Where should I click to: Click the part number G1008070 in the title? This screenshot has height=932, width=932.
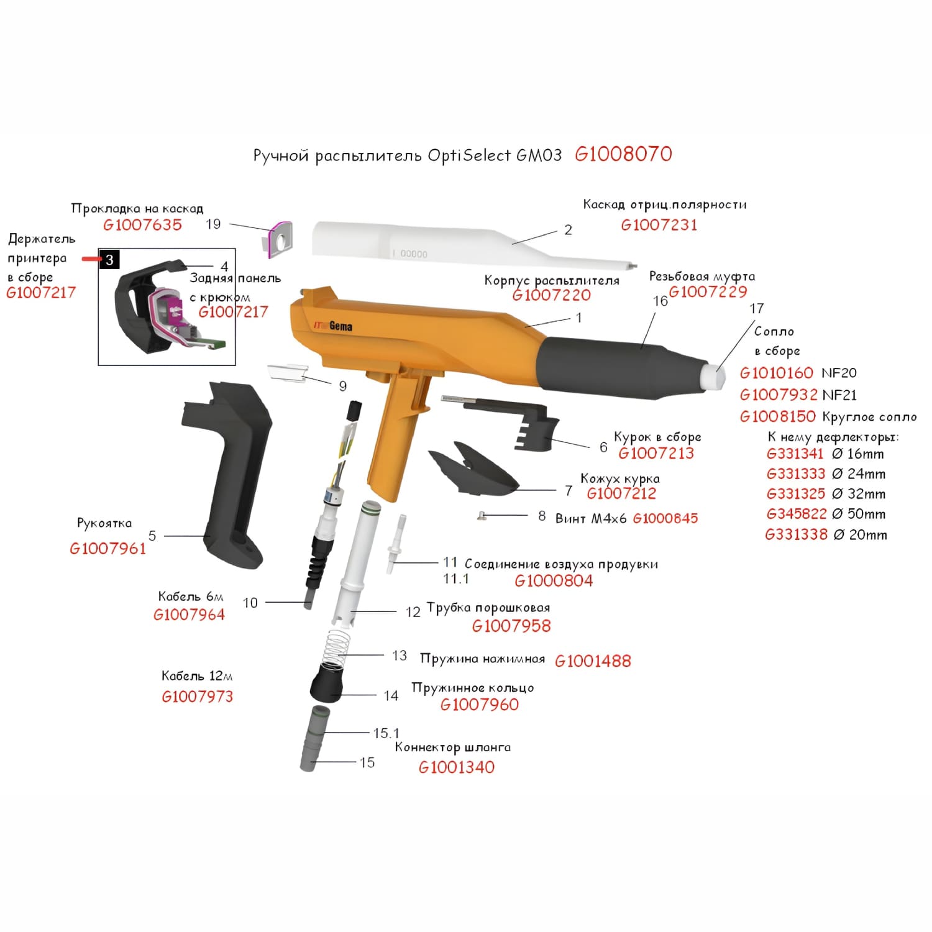(623, 154)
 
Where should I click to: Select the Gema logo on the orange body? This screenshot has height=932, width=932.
(340, 326)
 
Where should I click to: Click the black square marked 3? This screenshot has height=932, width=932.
(109, 259)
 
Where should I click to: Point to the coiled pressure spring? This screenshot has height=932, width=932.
(337, 647)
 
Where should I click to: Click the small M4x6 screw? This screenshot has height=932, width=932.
(480, 514)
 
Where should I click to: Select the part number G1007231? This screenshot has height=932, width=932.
(659, 225)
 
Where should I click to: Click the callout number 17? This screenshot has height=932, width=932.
(756, 309)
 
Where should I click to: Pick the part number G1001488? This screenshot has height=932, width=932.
(593, 661)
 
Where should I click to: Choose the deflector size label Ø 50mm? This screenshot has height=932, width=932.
(858, 514)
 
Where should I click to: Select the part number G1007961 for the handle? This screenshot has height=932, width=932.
(108, 549)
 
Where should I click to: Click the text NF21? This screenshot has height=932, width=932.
(839, 395)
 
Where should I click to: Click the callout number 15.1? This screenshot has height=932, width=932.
(386, 733)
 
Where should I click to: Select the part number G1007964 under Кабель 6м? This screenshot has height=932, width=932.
(189, 614)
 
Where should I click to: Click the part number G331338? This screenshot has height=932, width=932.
(796, 534)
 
